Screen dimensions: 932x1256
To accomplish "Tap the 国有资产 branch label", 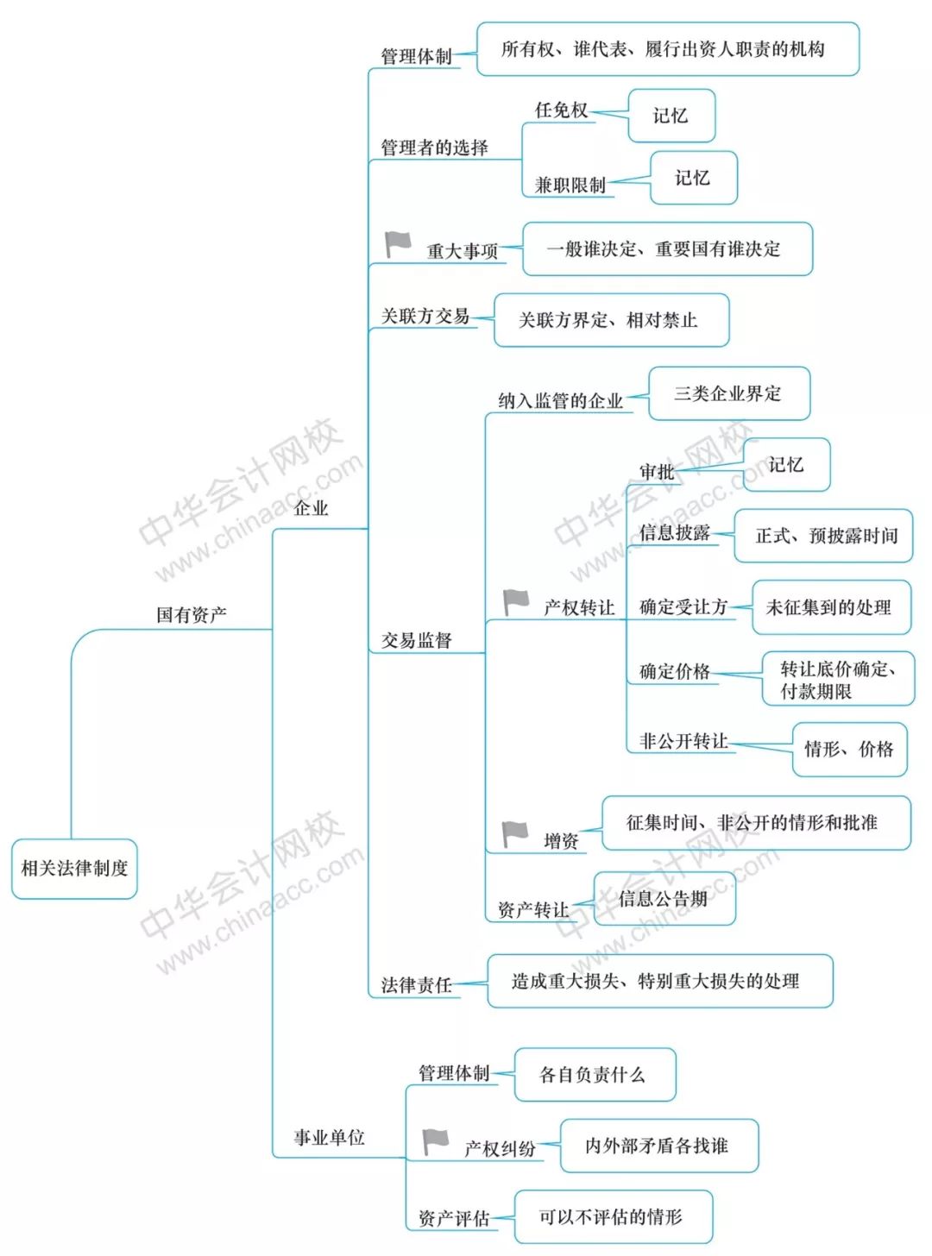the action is (x=192, y=614).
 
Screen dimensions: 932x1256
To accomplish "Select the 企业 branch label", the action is (x=311, y=508).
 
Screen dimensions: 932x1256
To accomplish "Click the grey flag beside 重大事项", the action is (x=398, y=244).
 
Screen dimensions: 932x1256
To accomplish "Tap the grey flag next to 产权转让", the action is (x=516, y=602).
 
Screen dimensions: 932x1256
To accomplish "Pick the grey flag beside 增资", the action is (x=515, y=835).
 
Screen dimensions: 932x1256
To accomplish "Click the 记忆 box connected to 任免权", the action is (x=671, y=116).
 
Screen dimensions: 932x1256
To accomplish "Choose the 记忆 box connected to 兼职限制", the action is (x=694, y=178).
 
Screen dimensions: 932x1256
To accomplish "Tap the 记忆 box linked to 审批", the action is (x=786, y=464).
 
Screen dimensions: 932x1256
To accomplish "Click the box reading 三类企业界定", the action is (x=729, y=393).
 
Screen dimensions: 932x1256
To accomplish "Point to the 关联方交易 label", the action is (x=425, y=316).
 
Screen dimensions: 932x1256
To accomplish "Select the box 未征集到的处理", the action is (x=831, y=607).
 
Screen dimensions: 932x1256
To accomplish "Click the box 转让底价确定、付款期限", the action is (x=838, y=678).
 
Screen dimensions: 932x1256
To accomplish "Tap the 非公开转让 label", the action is (x=683, y=741).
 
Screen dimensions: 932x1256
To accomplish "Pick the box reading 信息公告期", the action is (x=664, y=899).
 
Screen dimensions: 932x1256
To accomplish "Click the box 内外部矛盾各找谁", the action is (x=659, y=1146).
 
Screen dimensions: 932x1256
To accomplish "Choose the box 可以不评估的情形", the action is (x=614, y=1216).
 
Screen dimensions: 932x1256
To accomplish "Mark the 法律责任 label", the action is (x=417, y=985).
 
